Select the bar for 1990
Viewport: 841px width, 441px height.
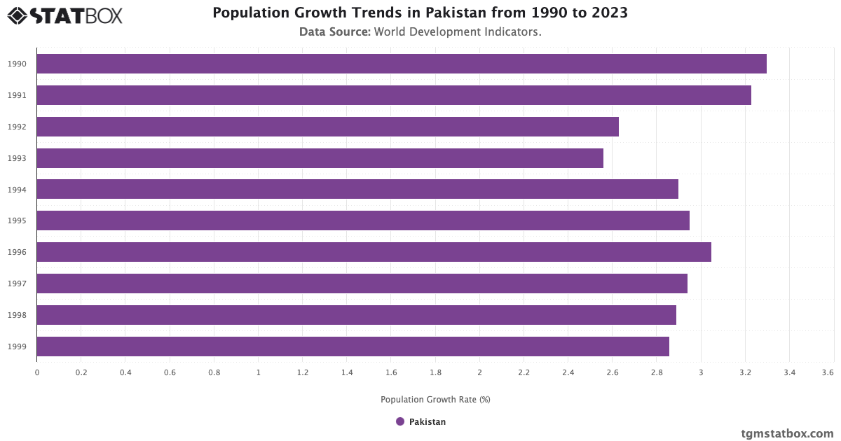pyautogui.click(x=401, y=64)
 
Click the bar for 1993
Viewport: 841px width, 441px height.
pyautogui.click(x=320, y=158)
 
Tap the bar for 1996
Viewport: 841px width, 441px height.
pyautogui.click(x=374, y=252)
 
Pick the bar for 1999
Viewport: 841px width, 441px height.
pyautogui.click(x=353, y=346)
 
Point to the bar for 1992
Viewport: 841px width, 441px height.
pyautogui.click(x=327, y=127)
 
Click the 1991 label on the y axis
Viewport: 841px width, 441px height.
pyautogui.click(x=18, y=95)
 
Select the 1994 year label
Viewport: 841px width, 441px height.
pyautogui.click(x=18, y=190)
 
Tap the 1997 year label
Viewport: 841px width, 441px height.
pyautogui.click(x=18, y=283)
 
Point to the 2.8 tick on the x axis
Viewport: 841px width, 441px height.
pyautogui.click(x=657, y=373)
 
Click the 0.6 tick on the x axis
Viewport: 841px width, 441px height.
pyautogui.click(x=170, y=373)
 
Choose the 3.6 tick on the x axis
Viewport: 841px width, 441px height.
pyautogui.click(x=828, y=373)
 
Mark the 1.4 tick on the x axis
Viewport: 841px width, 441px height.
pyautogui.click(x=347, y=373)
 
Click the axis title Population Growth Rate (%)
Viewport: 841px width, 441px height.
pyautogui.click(x=435, y=400)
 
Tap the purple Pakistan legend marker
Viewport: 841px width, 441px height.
pyautogui.click(x=400, y=421)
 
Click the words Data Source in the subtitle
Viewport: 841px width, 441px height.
pyautogui.click(x=334, y=31)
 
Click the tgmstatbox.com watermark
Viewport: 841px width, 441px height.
pyautogui.click(x=787, y=433)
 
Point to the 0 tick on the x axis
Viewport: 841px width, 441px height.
pyautogui.click(x=37, y=373)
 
